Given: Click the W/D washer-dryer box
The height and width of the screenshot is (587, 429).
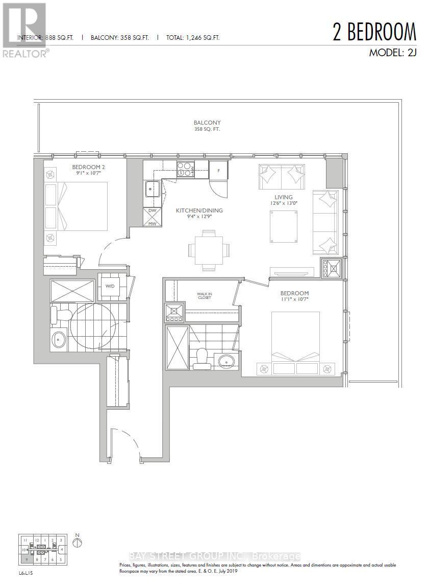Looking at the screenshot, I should pos(109,286).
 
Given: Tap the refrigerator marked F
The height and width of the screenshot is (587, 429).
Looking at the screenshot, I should pos(218,170).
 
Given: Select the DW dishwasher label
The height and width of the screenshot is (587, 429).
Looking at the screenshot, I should pos(152,210).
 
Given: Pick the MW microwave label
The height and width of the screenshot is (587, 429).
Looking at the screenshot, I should pos(152,222).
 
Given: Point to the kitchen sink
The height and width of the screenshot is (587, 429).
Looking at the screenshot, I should pos(152,189).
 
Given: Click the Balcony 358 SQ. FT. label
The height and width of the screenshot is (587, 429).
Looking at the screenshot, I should pos(207,126).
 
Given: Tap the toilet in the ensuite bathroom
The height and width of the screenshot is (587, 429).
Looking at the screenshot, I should pos(201,357).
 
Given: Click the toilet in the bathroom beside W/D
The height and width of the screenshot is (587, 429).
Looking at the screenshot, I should pos(59,313).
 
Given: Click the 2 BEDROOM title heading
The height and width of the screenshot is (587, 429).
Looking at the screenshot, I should pos(374,32).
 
